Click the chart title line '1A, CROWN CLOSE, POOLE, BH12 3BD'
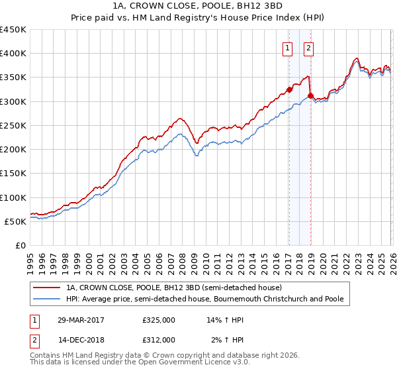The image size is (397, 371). click(198, 6)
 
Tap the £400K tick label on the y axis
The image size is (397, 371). click(13, 54)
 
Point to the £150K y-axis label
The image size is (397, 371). click(13, 174)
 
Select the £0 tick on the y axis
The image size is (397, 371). click(21, 246)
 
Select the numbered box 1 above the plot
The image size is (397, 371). click(288, 47)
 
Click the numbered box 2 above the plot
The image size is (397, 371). click(309, 47)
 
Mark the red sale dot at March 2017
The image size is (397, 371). click(289, 89)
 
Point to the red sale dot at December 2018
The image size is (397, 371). click(310, 96)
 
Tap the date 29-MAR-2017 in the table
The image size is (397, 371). click(81, 319)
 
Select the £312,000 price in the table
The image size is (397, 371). click(159, 339)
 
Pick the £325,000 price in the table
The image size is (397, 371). click(159, 319)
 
